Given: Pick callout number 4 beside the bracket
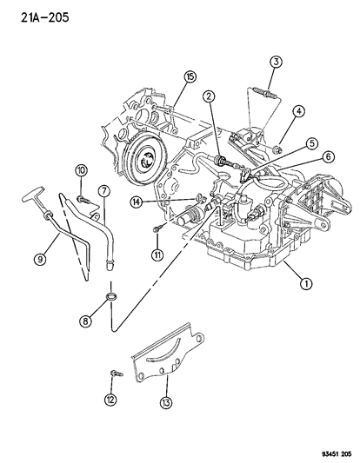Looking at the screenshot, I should [x=310, y=142].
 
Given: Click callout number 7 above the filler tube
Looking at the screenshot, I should [x=84, y=321].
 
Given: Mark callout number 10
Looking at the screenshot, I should [x=157, y=255].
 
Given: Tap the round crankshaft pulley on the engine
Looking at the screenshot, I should [x=325, y=451].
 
